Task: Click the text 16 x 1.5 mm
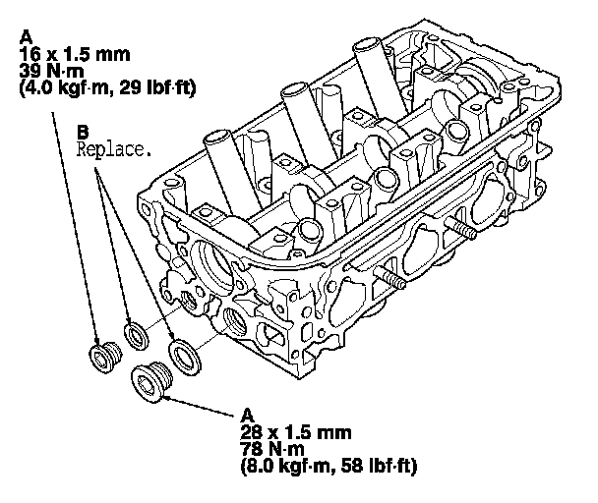(75, 54)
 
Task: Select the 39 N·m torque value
(52, 72)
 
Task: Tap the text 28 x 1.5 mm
(296, 432)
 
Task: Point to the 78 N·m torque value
(272, 449)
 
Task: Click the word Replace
(114, 148)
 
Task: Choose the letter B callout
(83, 133)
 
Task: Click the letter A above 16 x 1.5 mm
(27, 37)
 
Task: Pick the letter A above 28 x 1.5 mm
(248, 416)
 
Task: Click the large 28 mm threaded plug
(151, 381)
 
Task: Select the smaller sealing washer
(137, 335)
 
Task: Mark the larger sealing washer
(185, 357)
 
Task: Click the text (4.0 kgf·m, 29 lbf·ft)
(108, 88)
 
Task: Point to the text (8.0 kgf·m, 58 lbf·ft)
(329, 466)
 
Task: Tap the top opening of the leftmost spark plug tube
(217, 137)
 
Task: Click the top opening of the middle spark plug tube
(295, 89)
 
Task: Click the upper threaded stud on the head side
(461, 228)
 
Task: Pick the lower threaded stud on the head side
(390, 278)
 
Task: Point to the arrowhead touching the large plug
(169, 398)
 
